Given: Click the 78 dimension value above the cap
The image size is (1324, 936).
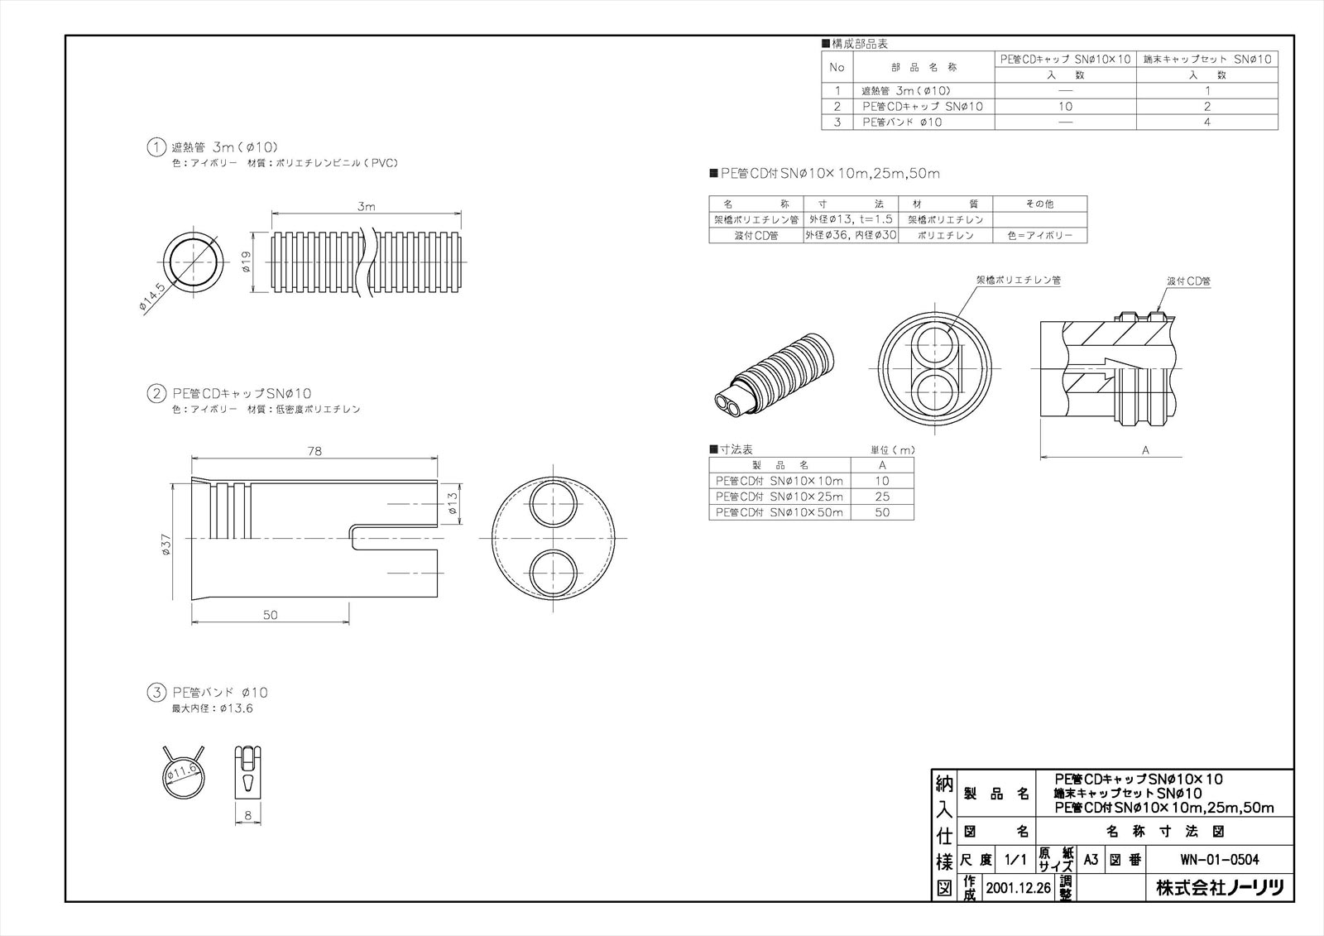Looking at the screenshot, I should (x=314, y=451).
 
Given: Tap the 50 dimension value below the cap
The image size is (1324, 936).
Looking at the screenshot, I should (x=270, y=614).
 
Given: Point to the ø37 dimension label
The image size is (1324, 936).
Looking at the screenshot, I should (x=165, y=543).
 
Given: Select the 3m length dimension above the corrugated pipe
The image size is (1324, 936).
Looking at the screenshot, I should (x=366, y=206).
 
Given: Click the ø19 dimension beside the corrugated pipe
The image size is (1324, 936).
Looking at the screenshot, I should (x=247, y=263).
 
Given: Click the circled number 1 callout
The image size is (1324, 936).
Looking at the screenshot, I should (x=156, y=147).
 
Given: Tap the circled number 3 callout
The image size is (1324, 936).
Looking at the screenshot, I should (x=156, y=692).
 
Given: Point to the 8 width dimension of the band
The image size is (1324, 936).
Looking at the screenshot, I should (x=247, y=816).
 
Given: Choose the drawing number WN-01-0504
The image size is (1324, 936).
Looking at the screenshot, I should (x=1221, y=860).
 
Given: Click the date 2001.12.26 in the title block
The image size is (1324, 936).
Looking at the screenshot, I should (x=1018, y=888).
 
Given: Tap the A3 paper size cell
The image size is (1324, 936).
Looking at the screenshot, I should (x=1091, y=860).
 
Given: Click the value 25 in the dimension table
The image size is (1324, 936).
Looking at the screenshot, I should (x=882, y=497).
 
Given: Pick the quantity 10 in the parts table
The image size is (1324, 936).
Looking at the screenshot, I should (x=1065, y=106).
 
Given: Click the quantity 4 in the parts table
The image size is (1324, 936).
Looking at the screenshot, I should (x=1207, y=122).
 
